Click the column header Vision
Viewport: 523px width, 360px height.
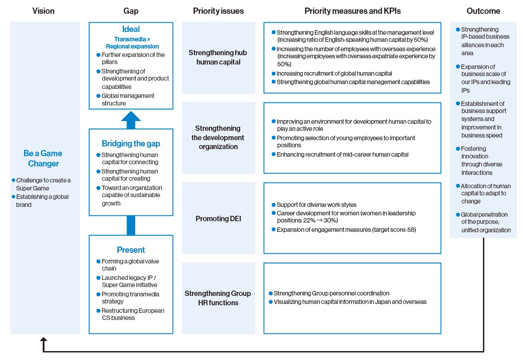(x=43, y=11)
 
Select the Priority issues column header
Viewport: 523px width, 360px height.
(x=218, y=11)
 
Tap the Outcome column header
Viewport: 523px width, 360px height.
(x=483, y=11)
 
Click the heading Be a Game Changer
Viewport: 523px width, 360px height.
(x=43, y=158)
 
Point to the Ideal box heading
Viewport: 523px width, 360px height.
(x=131, y=29)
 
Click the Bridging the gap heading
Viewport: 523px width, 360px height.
(x=131, y=143)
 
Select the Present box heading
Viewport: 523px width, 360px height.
(x=131, y=250)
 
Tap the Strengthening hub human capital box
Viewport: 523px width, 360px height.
(x=218, y=57)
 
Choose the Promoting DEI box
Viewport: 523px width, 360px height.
(x=218, y=218)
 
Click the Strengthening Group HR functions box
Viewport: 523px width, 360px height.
(x=218, y=298)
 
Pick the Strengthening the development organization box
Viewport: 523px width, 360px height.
(x=218, y=138)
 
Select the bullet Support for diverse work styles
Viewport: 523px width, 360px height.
(x=316, y=205)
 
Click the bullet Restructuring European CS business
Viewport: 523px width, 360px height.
(x=133, y=314)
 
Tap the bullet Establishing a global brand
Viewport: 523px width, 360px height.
(x=42, y=201)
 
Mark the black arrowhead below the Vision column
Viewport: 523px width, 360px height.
(x=43, y=340)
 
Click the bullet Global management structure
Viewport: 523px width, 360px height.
(x=128, y=99)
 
